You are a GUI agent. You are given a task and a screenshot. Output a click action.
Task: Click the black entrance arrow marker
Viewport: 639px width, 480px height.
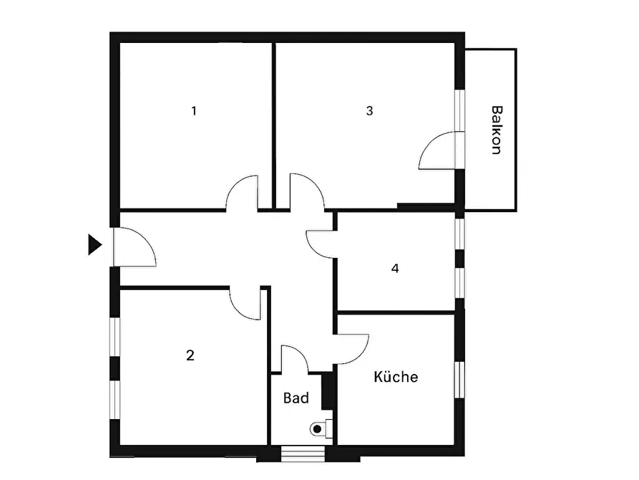pos(94,245)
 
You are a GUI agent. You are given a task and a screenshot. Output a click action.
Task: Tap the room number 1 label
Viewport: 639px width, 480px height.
pos(194,110)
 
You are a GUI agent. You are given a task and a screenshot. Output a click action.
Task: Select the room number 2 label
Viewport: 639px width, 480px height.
pos(190,355)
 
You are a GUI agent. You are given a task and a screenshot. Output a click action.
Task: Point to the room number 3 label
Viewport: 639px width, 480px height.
pos(369,110)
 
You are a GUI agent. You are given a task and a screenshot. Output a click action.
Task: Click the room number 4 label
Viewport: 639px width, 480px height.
pos(395,268)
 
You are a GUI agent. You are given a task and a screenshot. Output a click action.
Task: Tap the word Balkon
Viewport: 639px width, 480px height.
pos(497,130)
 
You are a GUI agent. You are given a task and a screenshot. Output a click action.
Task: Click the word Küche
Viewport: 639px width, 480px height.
pos(396,376)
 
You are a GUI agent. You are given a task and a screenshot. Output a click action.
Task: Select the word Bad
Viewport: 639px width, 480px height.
pos(296,398)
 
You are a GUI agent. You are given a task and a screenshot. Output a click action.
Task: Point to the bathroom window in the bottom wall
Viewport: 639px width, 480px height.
pos(303,453)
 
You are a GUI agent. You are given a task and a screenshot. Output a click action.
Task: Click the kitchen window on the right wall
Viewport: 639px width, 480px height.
pos(459,380)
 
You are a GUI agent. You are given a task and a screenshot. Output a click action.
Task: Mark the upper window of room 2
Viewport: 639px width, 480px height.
pos(115,337)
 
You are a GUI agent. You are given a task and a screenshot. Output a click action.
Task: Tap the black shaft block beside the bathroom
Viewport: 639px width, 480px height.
pos(327,390)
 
